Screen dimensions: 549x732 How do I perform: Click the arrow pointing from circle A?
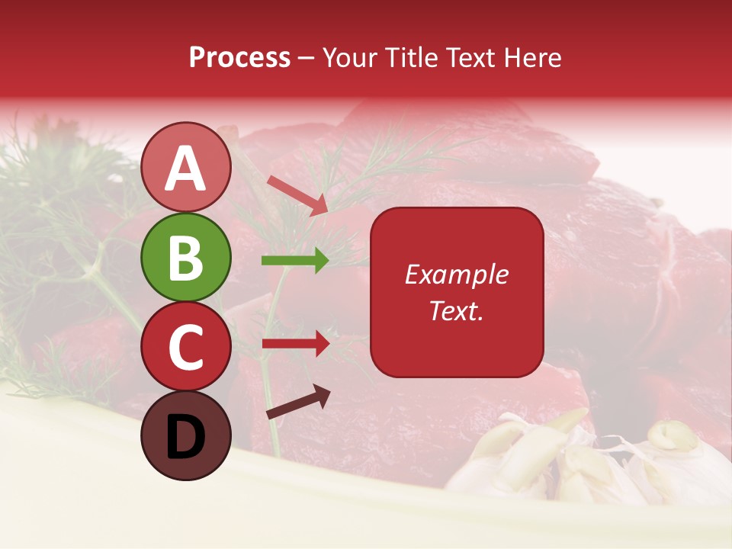[297, 195]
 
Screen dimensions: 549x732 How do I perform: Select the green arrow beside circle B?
[295, 260]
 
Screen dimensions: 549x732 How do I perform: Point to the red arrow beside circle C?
[295, 343]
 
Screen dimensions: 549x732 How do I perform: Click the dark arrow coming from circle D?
[298, 402]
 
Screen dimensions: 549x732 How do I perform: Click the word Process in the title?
[239, 57]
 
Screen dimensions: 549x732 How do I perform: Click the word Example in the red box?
[456, 274]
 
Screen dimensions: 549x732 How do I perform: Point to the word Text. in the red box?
[456, 310]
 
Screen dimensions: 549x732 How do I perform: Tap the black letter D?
[185, 437]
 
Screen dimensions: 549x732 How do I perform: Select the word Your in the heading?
[351, 57]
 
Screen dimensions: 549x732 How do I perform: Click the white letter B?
[185, 258]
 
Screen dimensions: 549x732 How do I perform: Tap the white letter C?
[185, 347]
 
